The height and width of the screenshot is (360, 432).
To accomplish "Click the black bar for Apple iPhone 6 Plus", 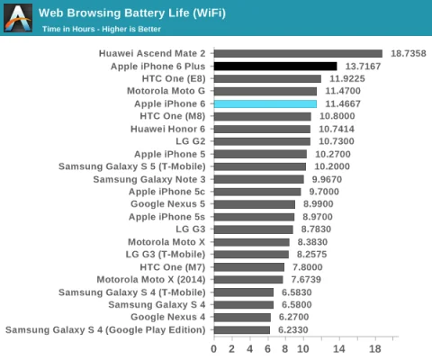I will click(x=274, y=67).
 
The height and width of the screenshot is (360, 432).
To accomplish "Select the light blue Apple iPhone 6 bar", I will click(x=265, y=104).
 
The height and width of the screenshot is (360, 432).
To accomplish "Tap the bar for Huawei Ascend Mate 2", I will click(x=298, y=54).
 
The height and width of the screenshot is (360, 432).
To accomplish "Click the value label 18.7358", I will click(x=408, y=54).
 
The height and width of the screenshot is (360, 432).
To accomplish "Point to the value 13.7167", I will click(x=363, y=67).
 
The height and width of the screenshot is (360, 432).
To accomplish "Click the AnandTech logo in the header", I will click(x=18, y=18).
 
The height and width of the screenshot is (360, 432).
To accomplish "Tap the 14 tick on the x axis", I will click(x=340, y=348).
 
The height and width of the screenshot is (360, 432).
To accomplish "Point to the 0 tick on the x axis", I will click(x=214, y=348).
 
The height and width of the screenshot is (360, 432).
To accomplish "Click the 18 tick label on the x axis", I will click(x=376, y=348).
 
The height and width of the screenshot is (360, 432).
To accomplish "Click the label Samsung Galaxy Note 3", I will click(x=148, y=179).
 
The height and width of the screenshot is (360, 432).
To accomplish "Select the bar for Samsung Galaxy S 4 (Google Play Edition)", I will click(x=242, y=330).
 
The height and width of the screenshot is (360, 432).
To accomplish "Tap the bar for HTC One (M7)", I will click(x=249, y=267).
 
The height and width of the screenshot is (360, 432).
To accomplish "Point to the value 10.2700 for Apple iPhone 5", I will click(x=330, y=154).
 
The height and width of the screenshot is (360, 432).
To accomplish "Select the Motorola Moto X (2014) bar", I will click(x=248, y=280).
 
